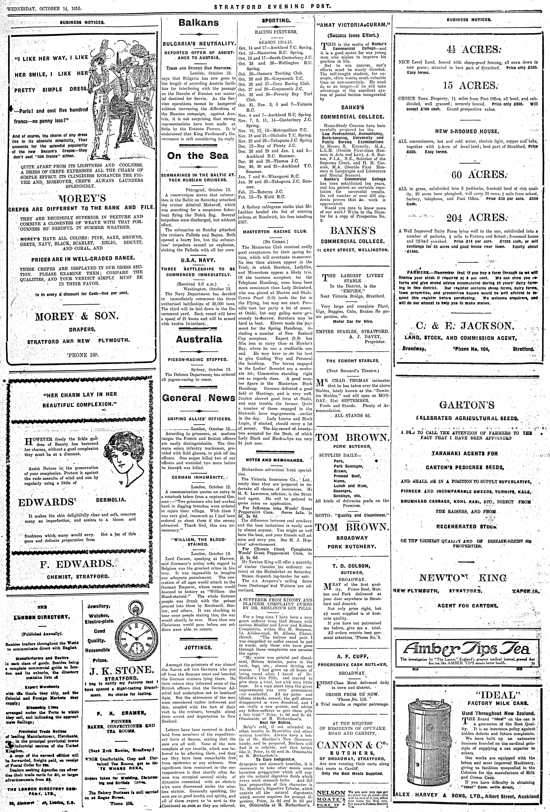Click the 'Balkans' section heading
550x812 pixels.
[x=199, y=23]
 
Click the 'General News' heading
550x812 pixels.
[x=199, y=398]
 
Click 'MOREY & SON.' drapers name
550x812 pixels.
[x=77, y=317]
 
